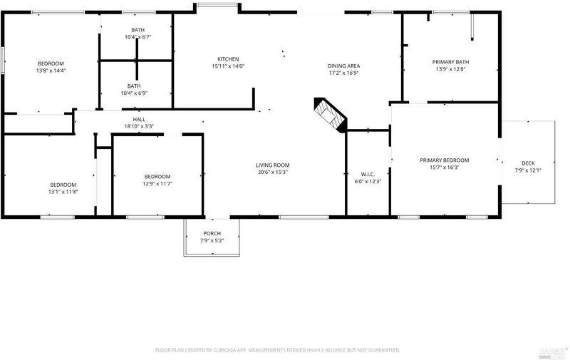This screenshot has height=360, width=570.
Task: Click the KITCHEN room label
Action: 228,59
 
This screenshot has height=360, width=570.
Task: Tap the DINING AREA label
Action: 344,66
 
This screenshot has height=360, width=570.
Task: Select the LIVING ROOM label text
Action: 273,165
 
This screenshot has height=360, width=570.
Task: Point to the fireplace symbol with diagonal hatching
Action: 330,115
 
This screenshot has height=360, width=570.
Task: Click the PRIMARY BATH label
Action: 451,62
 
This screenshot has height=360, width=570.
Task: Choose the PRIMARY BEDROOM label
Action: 444,160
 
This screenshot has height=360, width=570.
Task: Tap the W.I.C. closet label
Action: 368,174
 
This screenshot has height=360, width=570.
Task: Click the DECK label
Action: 528,163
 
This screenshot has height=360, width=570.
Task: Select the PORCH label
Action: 212,233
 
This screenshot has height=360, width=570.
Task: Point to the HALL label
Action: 139,119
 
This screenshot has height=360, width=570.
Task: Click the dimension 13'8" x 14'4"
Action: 51,71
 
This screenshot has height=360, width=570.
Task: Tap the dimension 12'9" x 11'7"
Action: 157,184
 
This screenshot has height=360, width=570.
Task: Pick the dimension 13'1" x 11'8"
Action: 63,192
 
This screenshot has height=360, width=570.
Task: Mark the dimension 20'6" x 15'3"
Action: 273,172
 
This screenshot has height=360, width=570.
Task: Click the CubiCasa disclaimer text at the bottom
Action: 278,350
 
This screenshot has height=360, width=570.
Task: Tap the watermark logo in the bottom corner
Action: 554,353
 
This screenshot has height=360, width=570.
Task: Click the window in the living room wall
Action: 304,217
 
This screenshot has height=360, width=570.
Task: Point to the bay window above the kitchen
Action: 217,5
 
